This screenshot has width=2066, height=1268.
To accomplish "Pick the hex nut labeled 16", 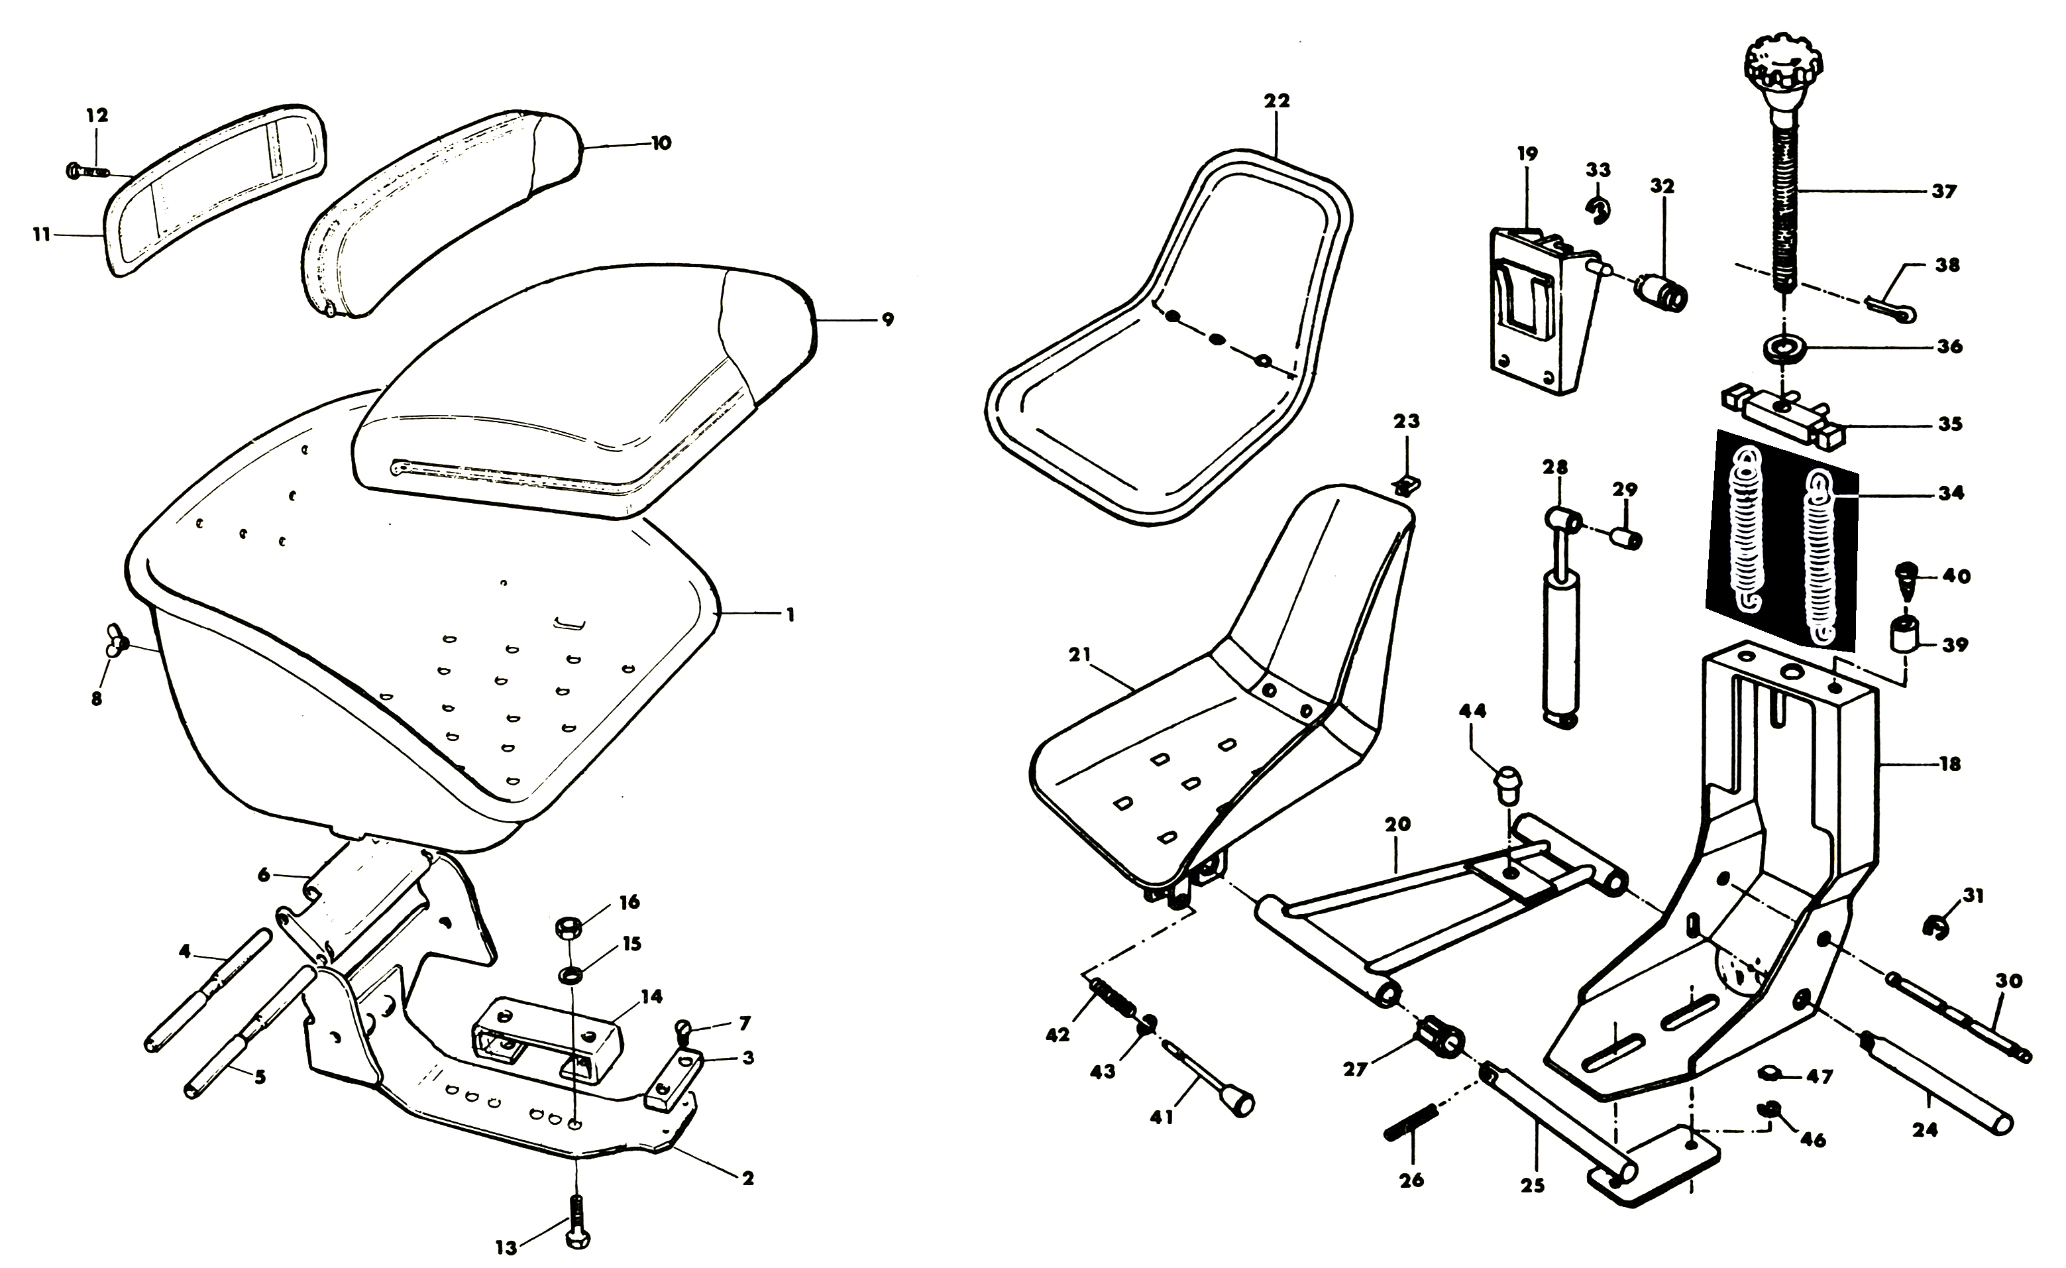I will point(569,929).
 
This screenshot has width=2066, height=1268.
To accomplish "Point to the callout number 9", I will point(887,319).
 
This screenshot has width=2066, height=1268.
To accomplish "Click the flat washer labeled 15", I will point(572,975).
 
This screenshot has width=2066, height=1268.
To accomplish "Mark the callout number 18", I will point(1950,764).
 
